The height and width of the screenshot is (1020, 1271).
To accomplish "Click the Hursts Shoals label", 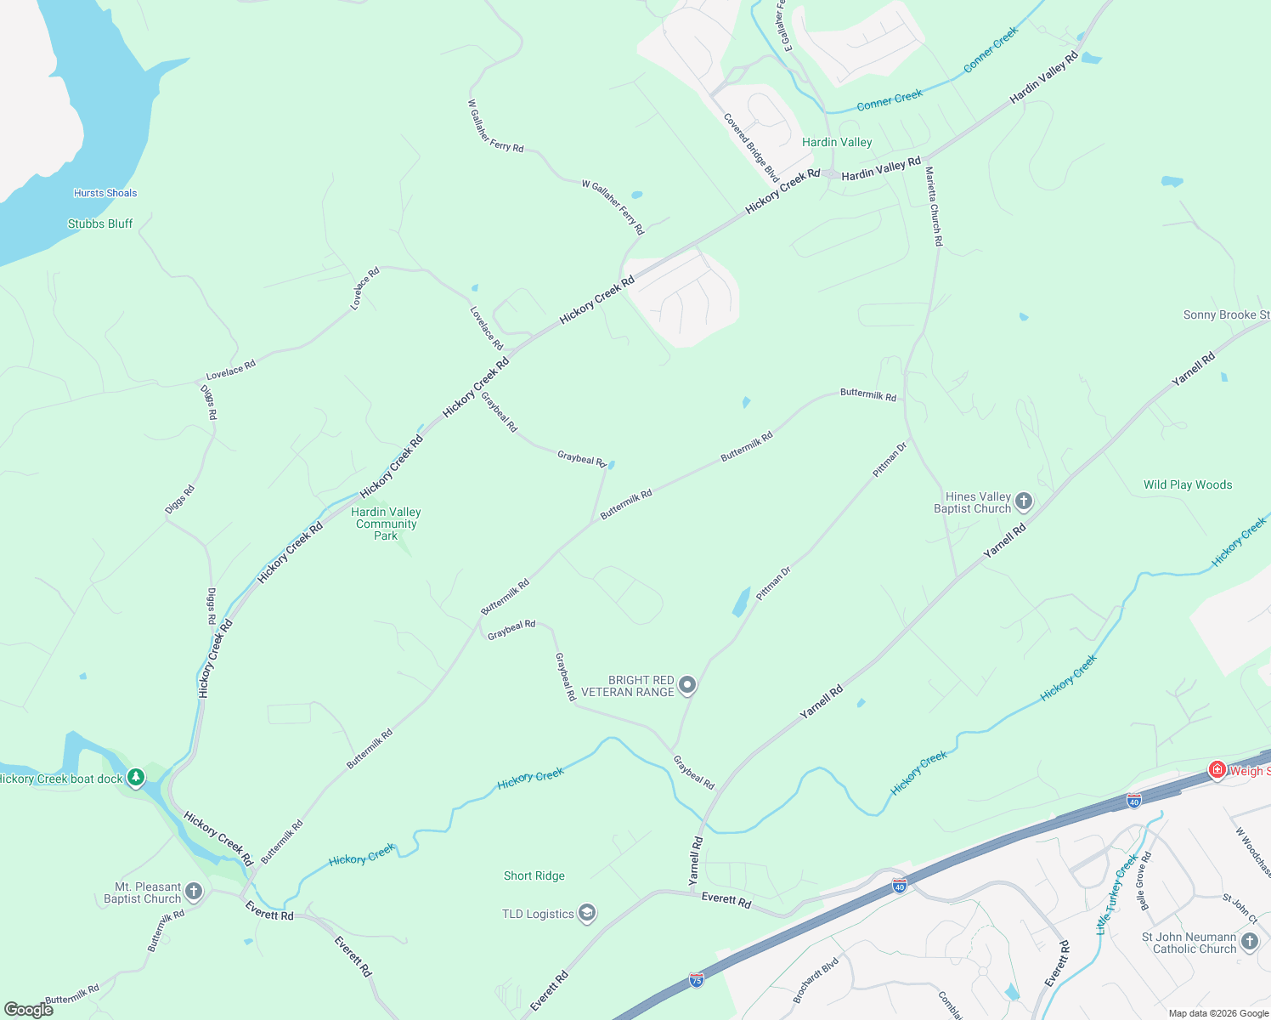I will point(105,193).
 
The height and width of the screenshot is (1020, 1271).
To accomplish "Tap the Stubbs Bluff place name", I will point(100,224).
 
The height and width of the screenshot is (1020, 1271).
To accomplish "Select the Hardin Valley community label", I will point(837,142).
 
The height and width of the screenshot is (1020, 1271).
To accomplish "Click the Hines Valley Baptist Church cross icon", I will point(1024,501).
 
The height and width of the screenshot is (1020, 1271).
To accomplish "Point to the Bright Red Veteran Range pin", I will point(687,685).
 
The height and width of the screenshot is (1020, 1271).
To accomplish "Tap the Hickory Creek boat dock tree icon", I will point(135,778).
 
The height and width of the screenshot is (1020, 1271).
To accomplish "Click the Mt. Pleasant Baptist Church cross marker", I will point(194,892).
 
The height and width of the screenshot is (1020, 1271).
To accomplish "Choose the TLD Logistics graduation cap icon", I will point(586,914).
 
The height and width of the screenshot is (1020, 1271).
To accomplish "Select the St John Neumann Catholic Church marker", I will point(1249,942).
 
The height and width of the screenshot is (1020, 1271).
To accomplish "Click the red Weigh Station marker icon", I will point(1217,770).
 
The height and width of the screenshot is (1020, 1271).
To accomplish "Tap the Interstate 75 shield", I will point(697,979).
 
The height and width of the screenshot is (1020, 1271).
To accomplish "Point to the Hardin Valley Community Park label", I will point(387,524).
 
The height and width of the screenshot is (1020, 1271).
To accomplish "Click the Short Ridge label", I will point(534,875).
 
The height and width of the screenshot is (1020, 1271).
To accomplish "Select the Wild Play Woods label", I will point(1187,484).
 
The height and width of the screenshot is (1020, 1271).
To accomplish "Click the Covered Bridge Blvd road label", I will point(751,147).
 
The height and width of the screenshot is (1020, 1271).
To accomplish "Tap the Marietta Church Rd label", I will point(934,207).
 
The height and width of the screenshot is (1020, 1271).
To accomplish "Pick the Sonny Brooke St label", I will point(1226,314).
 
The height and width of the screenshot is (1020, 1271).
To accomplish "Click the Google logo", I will point(28,1010).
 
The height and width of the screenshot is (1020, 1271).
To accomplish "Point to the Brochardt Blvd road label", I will point(816,980).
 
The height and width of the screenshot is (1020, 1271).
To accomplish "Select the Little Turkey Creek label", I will point(1116,894).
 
